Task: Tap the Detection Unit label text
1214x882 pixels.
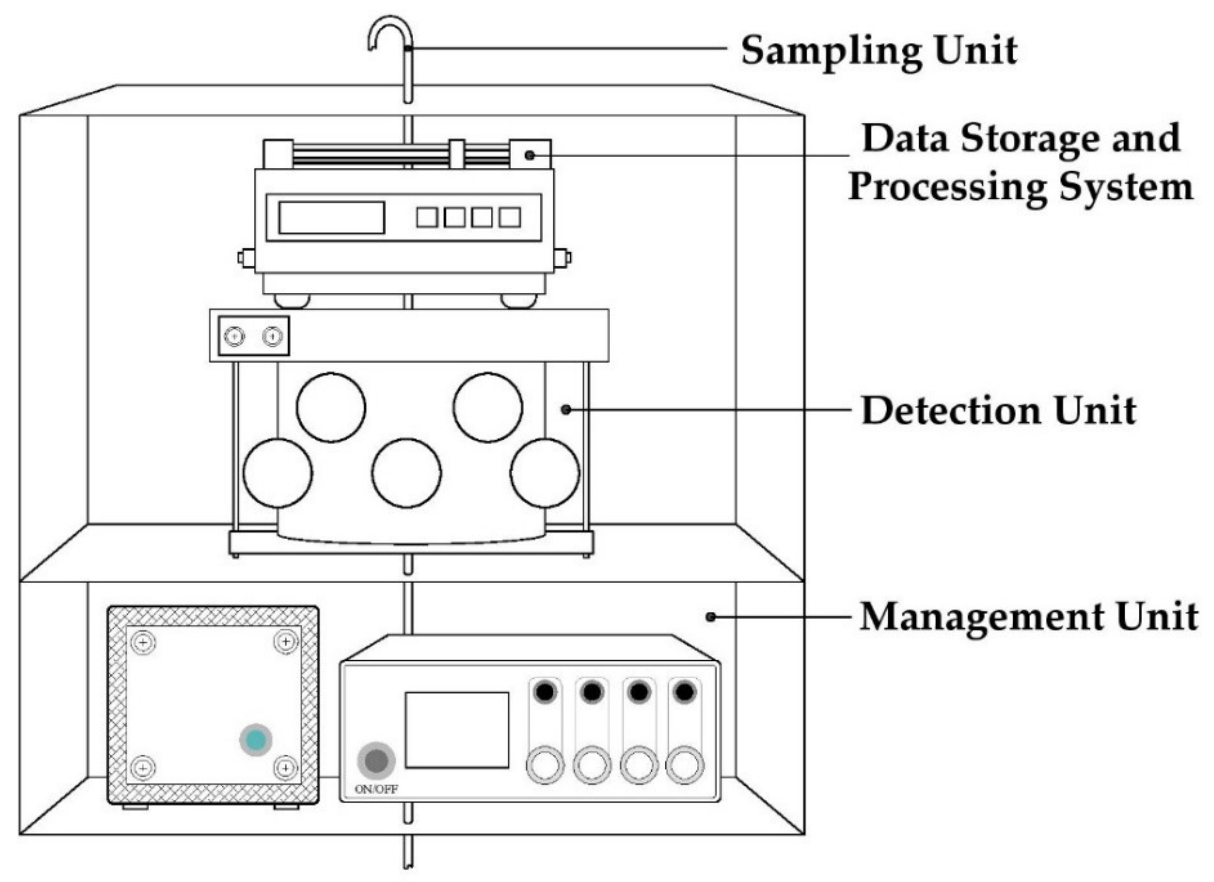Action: point(998,411)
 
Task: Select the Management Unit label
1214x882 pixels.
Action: point(1028,617)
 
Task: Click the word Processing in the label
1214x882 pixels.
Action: point(947,187)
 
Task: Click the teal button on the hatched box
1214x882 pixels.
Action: point(255,740)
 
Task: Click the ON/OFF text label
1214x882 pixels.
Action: point(376,789)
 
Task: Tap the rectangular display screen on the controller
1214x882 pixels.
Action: point(457,730)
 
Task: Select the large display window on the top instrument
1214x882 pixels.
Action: point(331,218)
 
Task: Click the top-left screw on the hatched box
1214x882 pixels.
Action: point(143,642)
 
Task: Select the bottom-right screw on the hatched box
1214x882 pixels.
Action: point(286,768)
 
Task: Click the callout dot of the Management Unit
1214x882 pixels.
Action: point(710,617)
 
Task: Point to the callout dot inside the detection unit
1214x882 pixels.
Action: point(566,410)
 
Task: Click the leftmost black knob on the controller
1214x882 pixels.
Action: point(545,692)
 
